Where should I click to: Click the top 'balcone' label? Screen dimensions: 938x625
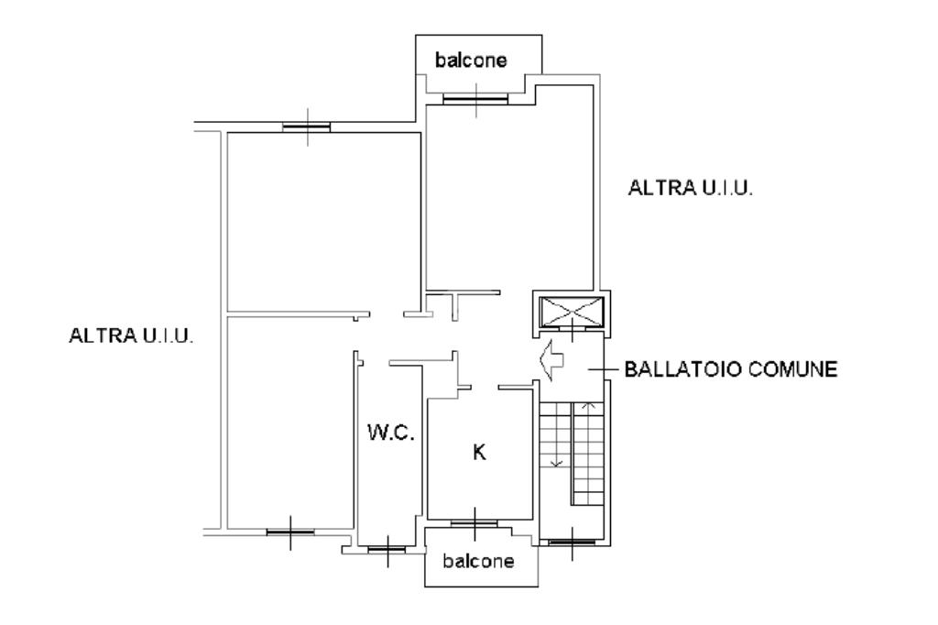coord(471,60)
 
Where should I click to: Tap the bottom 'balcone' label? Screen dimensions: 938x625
coord(478,561)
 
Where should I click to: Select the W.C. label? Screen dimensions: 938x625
coord(391,432)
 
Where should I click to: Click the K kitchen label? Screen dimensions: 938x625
coord(479,452)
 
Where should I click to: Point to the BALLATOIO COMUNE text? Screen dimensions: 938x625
coord(731,368)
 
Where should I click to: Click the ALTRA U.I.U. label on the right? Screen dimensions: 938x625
coord(690,188)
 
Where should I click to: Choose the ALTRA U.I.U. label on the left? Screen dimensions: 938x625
coord(131,335)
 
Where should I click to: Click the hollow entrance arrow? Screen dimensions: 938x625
coord(551,359)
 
